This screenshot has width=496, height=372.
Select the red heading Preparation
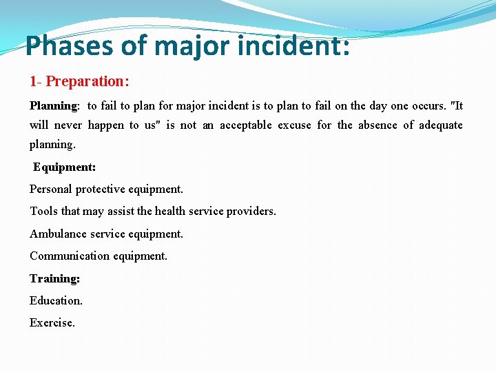coord(87,81)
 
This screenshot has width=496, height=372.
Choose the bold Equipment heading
coord(64,167)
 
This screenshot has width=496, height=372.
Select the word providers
coord(251,211)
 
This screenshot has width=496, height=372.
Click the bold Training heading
coord(54,278)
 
